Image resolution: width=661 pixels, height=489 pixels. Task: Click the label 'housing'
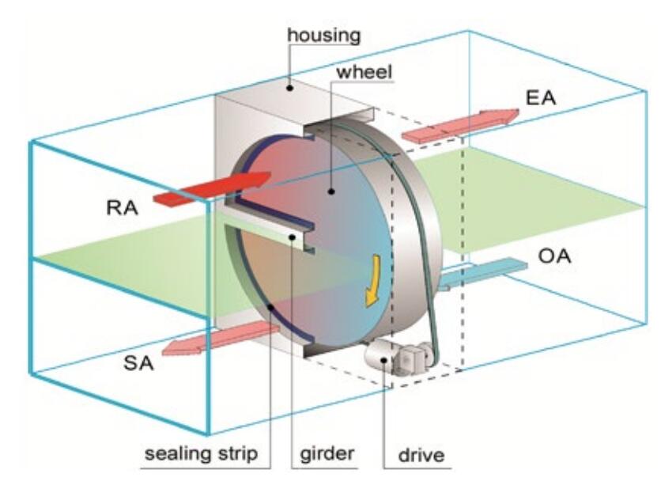[323, 35]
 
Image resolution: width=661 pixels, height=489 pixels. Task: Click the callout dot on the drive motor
[385, 361]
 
